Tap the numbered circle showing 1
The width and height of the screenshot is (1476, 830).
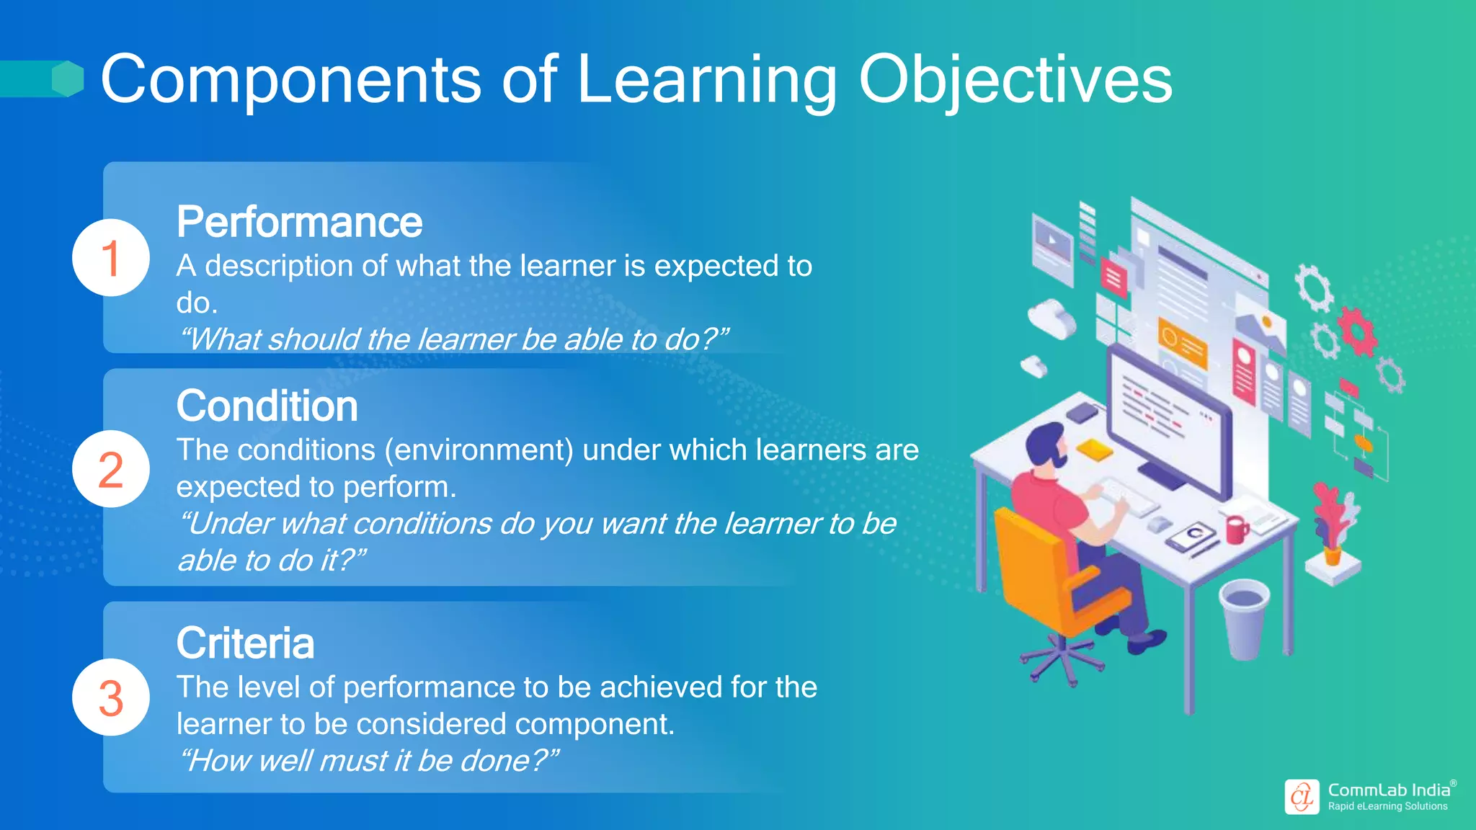tap(111, 258)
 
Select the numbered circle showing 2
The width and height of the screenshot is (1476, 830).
tap(111, 469)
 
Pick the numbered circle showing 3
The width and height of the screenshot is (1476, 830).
tap(111, 697)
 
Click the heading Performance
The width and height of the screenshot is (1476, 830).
tap(299, 222)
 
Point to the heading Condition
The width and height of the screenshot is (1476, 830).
tap(267, 406)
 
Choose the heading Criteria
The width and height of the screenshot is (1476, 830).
tap(245, 643)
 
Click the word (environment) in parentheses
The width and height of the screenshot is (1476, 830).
tap(479, 450)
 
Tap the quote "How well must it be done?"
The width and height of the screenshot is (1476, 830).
tap(369, 761)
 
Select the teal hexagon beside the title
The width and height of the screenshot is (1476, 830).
tap(68, 79)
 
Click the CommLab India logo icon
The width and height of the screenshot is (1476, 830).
tap(1302, 797)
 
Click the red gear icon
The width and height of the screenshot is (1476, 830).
tap(1358, 331)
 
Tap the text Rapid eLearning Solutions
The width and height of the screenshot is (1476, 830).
tap(1387, 807)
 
